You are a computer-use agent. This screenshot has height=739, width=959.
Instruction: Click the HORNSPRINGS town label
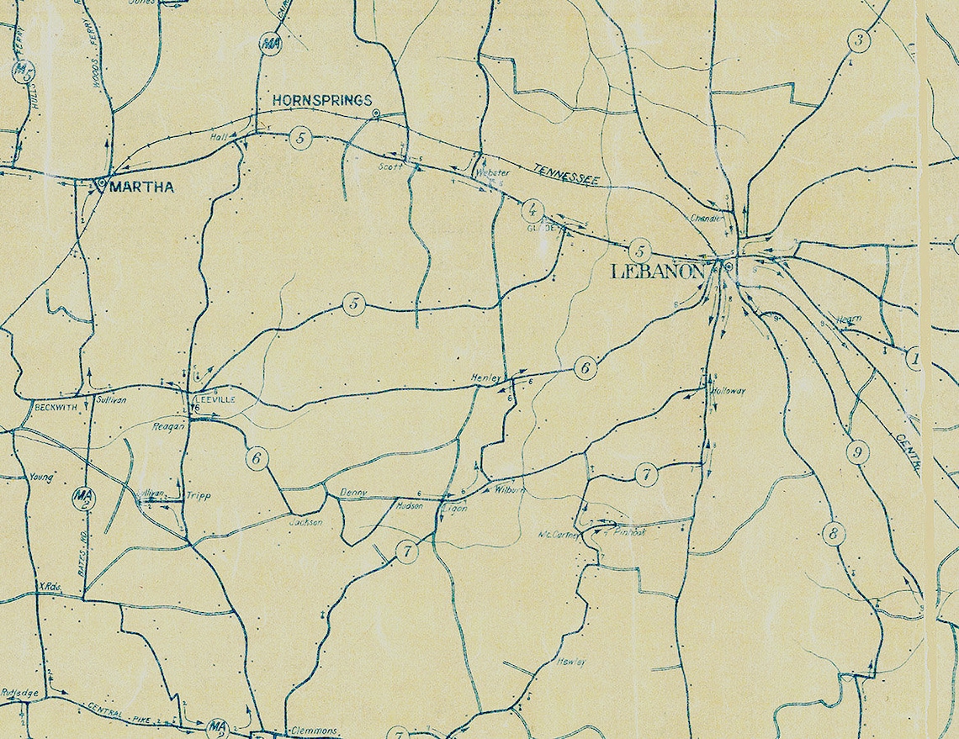[321, 100]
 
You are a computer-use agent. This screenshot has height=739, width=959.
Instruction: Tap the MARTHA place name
[140, 187]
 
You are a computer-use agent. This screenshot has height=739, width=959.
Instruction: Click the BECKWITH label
[56, 406]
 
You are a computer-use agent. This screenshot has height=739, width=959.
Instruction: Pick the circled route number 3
[858, 39]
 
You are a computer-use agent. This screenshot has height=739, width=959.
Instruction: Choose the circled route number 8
[833, 534]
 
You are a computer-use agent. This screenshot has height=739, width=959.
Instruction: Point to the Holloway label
[729, 391]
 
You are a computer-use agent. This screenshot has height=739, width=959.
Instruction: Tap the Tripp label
[199, 496]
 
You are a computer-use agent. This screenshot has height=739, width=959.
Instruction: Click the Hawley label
[570, 662]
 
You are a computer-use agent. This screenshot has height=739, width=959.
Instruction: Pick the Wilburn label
[510, 489]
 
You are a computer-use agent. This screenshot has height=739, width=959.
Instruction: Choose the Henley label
[485, 378]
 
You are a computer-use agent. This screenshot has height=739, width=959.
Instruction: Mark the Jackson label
[305, 522]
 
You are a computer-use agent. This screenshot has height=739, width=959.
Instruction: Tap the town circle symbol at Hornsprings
[376, 113]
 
